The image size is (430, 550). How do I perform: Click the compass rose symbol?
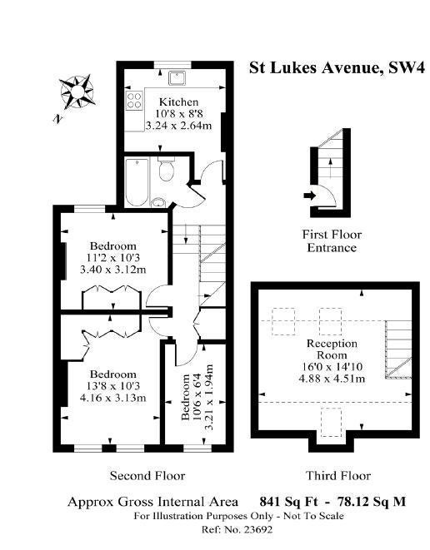[x=77, y=92]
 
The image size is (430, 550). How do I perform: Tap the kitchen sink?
[x=179, y=78]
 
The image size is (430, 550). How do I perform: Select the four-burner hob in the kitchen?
[x=134, y=100]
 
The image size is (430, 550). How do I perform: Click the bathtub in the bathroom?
[x=137, y=182]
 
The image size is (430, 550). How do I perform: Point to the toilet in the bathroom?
[x=166, y=169]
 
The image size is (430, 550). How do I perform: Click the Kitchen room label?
[x=179, y=102]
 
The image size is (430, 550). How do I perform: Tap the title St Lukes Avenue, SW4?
[x=337, y=67]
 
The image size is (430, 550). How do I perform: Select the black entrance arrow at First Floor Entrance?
[x=310, y=196]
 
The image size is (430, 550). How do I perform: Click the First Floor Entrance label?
[x=332, y=241]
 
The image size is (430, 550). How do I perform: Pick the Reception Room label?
[x=332, y=349]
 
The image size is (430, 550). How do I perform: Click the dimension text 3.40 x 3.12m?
[x=113, y=270]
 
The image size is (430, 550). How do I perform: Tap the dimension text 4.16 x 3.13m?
[x=113, y=398]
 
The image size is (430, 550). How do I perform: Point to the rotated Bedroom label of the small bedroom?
[x=186, y=397]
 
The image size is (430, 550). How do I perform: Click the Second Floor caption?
[x=147, y=476]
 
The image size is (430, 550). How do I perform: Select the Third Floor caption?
[x=338, y=476]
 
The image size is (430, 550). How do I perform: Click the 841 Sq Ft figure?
[x=288, y=502]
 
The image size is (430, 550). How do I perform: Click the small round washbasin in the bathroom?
[x=159, y=202]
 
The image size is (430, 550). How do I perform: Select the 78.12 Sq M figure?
[x=372, y=502]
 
